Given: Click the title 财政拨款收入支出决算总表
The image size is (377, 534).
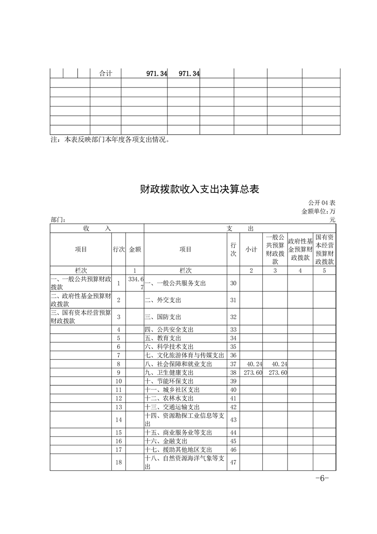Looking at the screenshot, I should coord(200,189).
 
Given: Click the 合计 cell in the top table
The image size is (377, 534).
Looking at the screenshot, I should coord(106,73).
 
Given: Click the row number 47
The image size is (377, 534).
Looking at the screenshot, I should coord(233,462).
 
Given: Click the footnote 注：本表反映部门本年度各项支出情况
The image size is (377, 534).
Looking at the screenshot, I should coord(110,140).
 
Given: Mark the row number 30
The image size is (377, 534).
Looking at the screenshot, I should coord(233,283).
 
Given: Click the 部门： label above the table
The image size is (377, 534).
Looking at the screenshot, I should coord(58,220).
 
